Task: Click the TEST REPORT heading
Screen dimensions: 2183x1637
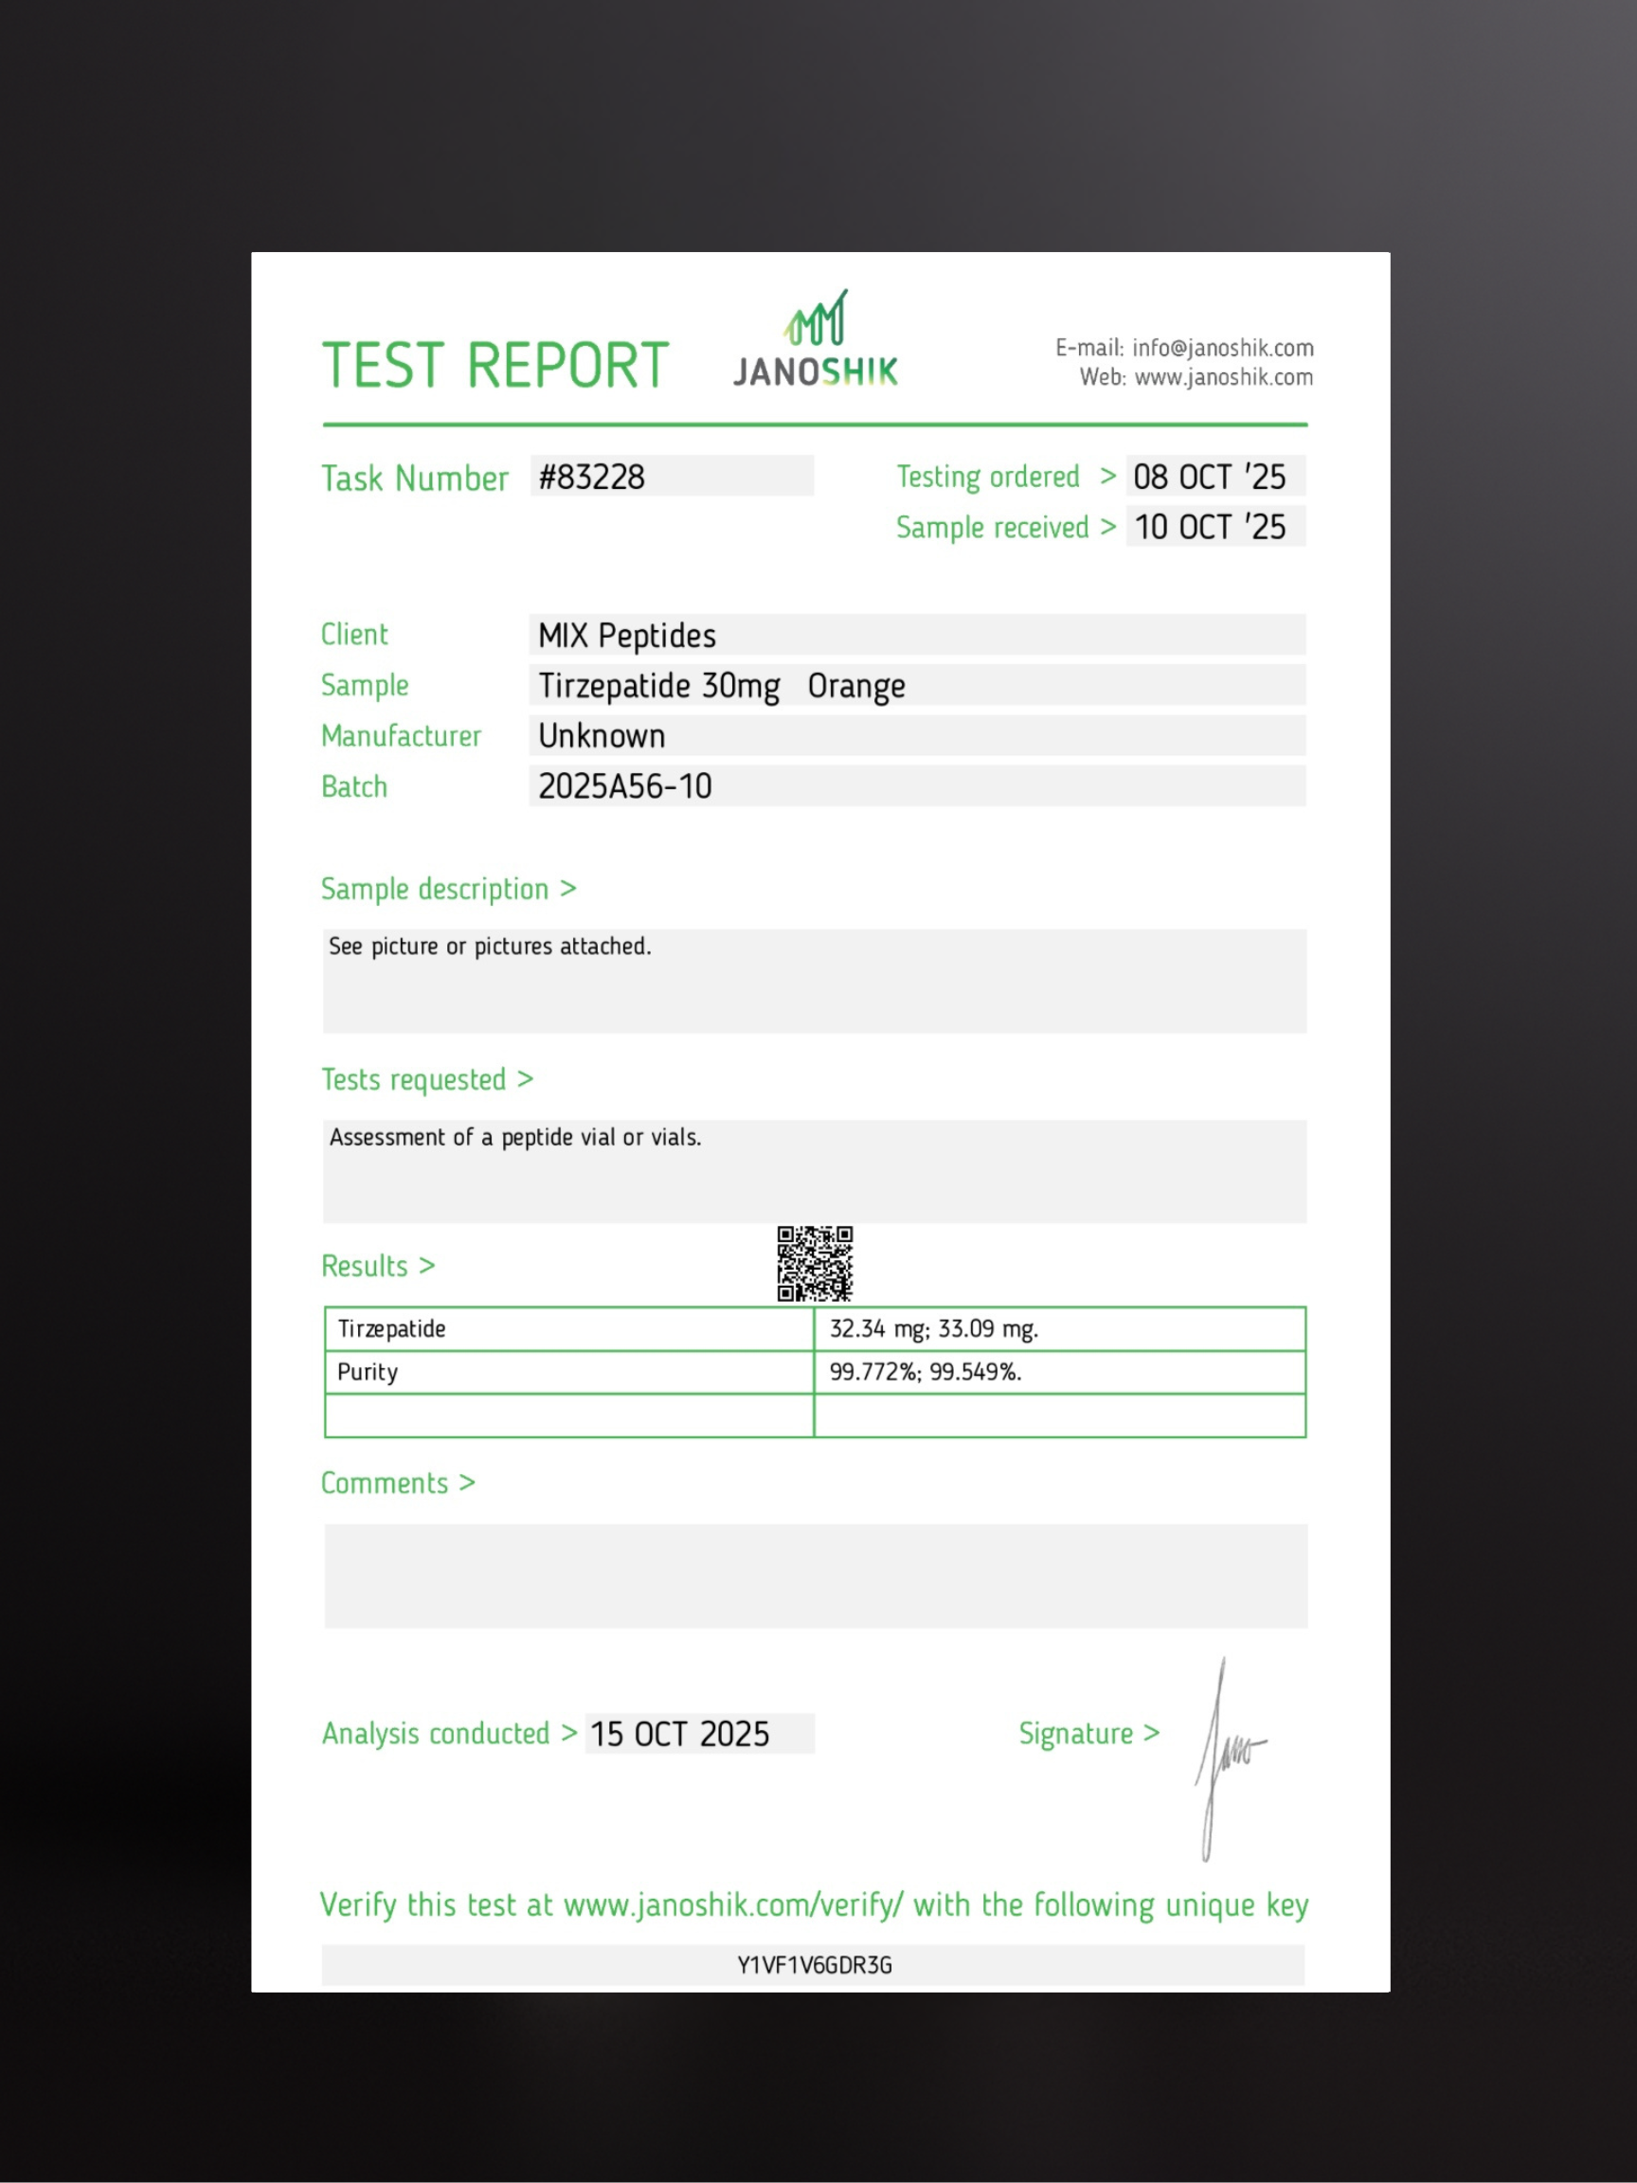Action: [495, 365]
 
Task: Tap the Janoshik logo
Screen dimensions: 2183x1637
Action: [815, 340]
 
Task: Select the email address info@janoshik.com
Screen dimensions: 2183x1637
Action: [1223, 349]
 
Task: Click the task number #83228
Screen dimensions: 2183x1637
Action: [592, 478]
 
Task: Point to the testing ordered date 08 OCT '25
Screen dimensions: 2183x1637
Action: [1209, 478]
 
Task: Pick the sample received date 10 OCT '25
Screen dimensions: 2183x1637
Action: [1209, 527]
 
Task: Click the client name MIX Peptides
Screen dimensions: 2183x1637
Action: [626, 636]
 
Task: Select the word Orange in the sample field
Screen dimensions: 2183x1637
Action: [855, 686]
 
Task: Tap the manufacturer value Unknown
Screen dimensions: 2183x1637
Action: [602, 736]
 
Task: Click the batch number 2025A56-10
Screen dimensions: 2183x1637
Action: [624, 786]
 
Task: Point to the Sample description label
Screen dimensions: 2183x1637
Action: [435, 889]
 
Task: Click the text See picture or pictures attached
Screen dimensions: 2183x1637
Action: [490, 947]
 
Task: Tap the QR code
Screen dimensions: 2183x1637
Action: [814, 1263]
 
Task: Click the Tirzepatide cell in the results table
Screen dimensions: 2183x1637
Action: [392, 1329]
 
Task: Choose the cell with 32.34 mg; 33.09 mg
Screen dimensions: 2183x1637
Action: [933, 1329]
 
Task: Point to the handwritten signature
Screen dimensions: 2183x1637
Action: [1226, 1757]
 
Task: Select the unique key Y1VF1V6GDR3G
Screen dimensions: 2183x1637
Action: [814, 1966]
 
